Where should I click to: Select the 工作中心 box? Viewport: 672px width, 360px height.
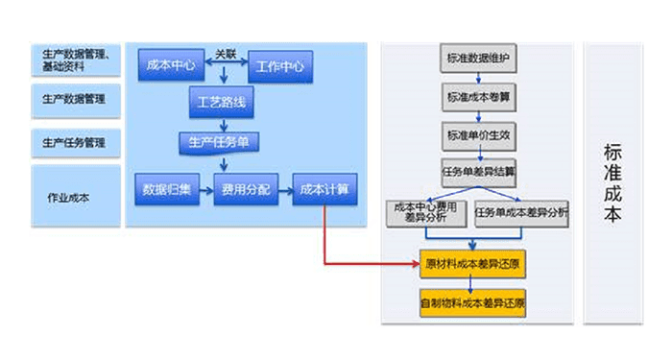click(281, 67)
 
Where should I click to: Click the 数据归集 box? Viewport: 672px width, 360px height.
click(166, 189)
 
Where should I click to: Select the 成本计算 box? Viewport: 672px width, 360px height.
click(324, 189)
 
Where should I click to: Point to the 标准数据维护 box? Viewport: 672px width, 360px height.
click(478, 59)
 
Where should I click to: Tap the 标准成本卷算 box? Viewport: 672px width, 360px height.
click(478, 97)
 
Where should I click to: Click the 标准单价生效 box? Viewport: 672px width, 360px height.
click(478, 134)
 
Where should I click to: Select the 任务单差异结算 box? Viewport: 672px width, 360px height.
click(478, 173)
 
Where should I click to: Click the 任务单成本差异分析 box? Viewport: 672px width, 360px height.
click(521, 213)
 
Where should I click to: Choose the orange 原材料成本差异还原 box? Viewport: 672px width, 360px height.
click(474, 262)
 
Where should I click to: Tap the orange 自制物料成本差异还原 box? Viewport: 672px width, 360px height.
click(474, 302)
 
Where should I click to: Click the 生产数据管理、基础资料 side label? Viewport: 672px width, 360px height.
click(75, 60)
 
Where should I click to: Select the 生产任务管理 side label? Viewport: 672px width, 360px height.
click(75, 143)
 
